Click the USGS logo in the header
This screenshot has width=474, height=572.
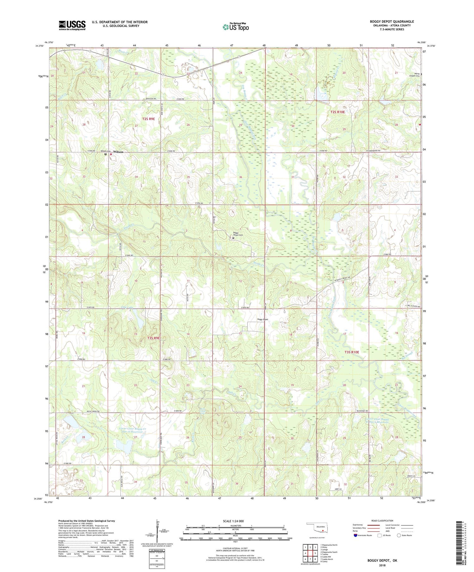[72, 25]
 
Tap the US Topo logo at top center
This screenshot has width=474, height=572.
[235, 27]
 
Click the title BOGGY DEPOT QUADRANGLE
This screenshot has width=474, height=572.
[392, 21]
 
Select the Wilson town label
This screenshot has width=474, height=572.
[118, 152]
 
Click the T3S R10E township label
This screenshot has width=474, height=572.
[352, 352]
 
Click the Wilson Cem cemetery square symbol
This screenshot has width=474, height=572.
[106, 154]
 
